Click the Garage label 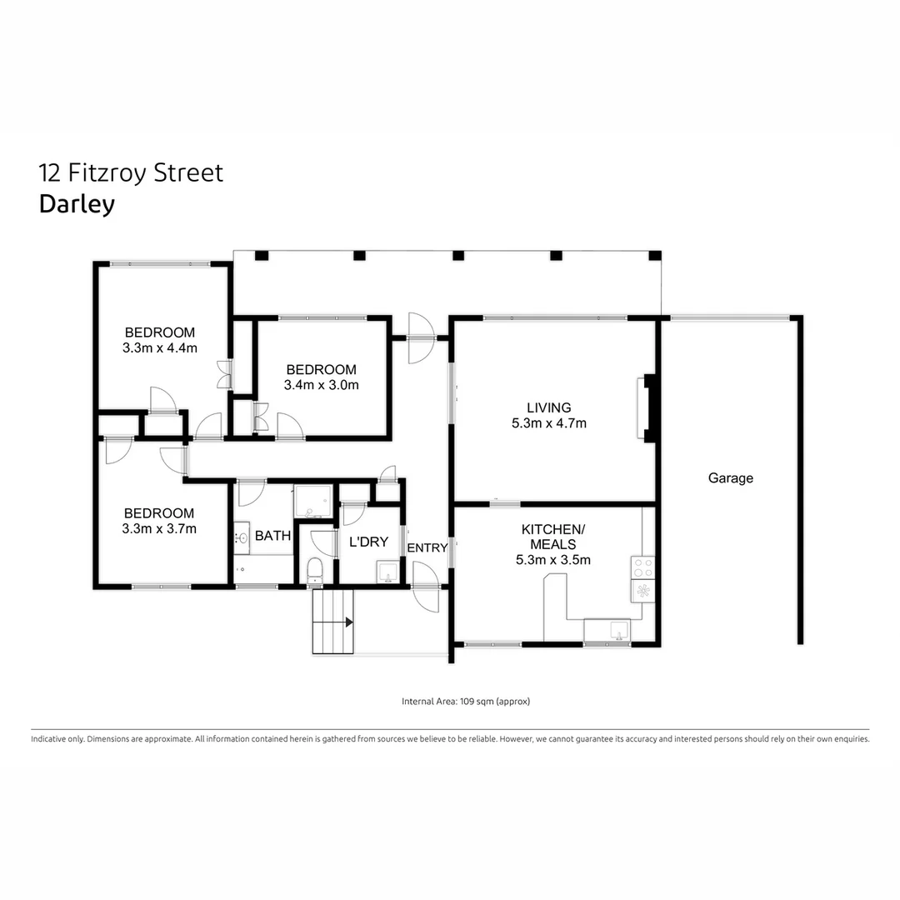tap(730, 478)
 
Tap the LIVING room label tap(548, 407)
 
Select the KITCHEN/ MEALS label tap(552, 537)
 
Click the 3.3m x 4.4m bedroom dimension tap(159, 348)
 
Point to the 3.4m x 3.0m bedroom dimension tap(321, 385)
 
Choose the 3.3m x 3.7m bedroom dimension tap(159, 528)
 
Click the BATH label tap(272, 536)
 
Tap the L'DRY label tap(368, 542)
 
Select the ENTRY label tap(427, 547)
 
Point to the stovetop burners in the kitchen tap(643, 567)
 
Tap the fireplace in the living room tap(647, 408)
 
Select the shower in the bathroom tap(313, 501)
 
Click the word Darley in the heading tap(77, 204)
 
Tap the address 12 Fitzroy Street tap(131, 172)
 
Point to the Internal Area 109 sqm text tap(466, 702)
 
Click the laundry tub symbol tap(387, 573)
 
